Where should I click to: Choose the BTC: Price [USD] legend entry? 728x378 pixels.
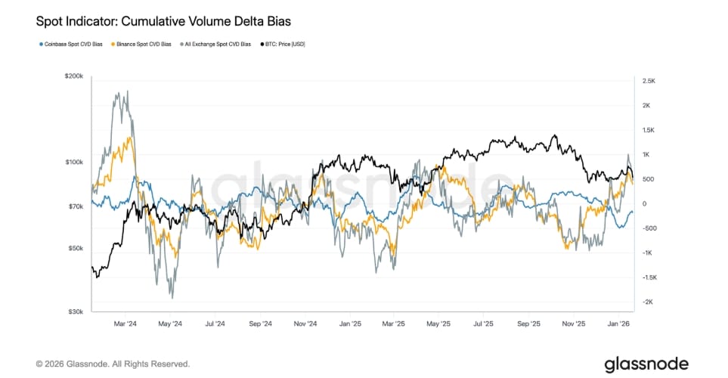coord(285,44)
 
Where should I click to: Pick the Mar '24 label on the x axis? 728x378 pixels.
coord(125,323)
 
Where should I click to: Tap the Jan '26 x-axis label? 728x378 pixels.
coord(619,323)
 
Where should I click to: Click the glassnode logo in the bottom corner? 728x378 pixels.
coord(646,364)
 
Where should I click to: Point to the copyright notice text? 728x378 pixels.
coord(113,364)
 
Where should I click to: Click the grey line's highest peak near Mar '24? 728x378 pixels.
coord(127,91)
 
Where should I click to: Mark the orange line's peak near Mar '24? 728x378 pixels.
coord(131,138)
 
